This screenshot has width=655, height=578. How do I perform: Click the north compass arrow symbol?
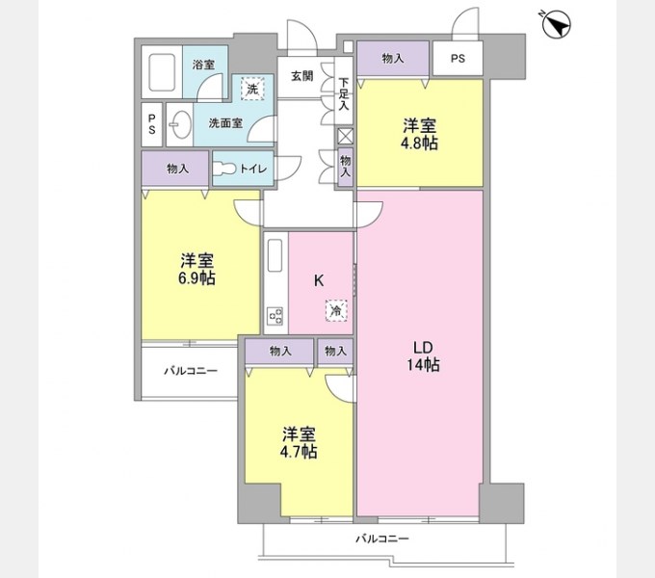point(556,24)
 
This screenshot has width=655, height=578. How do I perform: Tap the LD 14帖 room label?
point(422,355)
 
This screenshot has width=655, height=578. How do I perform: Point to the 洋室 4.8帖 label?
point(420,134)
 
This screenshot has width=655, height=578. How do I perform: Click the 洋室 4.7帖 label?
point(300,442)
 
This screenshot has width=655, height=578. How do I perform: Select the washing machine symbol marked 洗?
point(251,89)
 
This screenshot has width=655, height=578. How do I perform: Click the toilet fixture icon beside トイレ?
point(226,169)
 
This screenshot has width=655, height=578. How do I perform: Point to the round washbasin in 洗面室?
point(179,124)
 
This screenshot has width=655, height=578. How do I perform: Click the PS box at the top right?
point(457,59)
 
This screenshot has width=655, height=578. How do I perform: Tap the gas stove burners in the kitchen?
point(275,315)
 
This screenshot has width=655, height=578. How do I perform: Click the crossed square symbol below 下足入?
point(345,136)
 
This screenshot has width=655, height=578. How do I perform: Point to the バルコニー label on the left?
point(189,371)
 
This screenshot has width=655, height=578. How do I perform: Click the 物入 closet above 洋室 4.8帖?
point(393,59)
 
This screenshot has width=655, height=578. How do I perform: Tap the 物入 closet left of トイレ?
point(176,169)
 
